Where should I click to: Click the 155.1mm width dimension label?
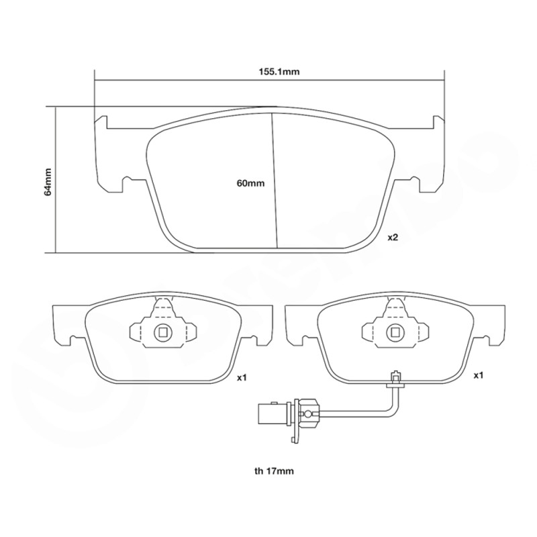tap(279, 72)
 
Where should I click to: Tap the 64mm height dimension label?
tap(48, 181)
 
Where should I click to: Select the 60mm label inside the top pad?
tap(250, 183)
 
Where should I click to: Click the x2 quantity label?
tap(393, 238)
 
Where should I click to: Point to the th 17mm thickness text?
tap(274, 471)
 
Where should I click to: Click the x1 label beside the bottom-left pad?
tap(242, 378)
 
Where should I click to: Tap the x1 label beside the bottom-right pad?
tap(479, 375)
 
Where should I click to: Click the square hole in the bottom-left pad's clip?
tap(163, 332)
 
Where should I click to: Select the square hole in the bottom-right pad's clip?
tap(396, 332)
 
